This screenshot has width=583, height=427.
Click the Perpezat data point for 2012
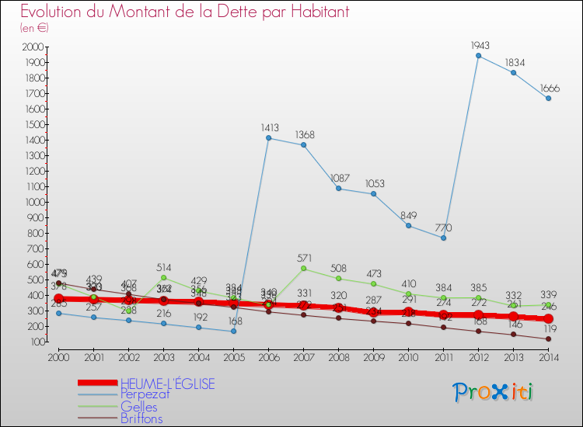(478, 56)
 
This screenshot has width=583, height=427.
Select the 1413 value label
(268, 127)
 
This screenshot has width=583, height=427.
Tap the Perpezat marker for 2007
(303, 145)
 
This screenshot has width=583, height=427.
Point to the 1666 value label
(548, 88)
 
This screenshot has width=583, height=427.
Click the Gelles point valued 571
(303, 269)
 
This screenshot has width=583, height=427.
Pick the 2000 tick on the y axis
(34, 47)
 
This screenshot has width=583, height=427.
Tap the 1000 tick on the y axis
(34, 202)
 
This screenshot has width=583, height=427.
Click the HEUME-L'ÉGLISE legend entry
(167, 383)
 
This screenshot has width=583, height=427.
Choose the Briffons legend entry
(141, 418)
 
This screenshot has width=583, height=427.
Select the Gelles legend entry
(139, 407)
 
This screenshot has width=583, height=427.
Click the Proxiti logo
(494, 392)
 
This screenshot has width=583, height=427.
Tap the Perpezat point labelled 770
(443, 238)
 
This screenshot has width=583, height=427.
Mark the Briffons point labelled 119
(548, 338)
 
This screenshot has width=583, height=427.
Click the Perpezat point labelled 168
(233, 331)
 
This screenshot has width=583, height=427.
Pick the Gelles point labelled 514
(163, 277)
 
